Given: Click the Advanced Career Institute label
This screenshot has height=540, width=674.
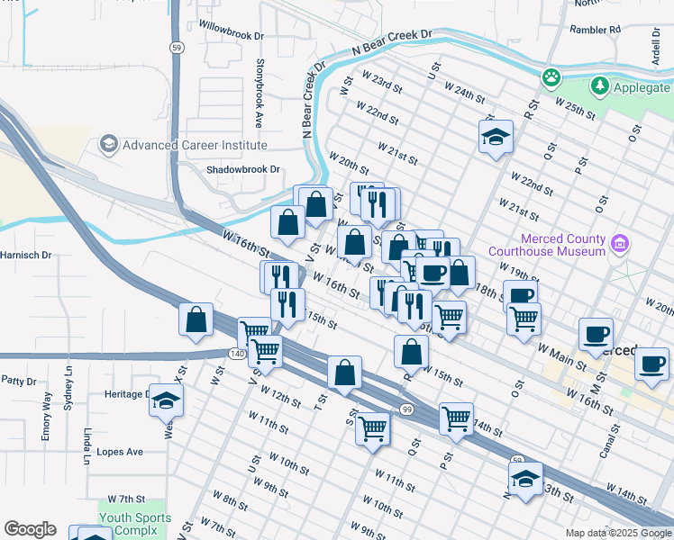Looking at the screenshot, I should [x=195, y=145].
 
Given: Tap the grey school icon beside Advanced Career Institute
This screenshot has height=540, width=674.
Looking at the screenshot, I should [x=109, y=144].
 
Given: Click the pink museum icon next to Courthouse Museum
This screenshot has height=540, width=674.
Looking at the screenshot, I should [x=618, y=243].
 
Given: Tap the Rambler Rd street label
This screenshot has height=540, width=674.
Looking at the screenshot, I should [x=596, y=30].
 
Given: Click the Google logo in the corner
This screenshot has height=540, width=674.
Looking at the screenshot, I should [x=30, y=529].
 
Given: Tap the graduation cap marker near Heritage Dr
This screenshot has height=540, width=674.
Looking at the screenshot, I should [x=166, y=398].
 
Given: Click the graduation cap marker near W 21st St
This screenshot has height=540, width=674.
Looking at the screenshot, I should [x=495, y=138].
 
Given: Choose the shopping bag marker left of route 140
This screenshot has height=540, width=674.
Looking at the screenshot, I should [x=196, y=320].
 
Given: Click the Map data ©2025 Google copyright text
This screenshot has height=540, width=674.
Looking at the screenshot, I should [x=617, y=533].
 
